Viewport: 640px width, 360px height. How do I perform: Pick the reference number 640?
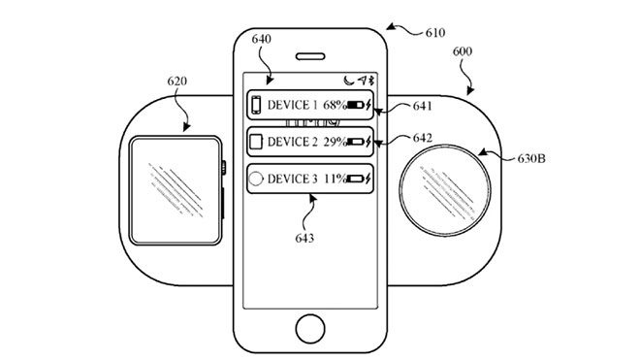tap(261, 40)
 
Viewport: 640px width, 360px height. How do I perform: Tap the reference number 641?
tap(422, 105)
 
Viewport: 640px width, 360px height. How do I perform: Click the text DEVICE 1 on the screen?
tap(293, 105)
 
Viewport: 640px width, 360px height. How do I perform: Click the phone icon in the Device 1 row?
tap(256, 105)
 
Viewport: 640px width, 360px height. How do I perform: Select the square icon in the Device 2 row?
tap(256, 142)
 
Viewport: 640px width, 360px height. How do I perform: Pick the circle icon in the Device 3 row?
tap(256, 179)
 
